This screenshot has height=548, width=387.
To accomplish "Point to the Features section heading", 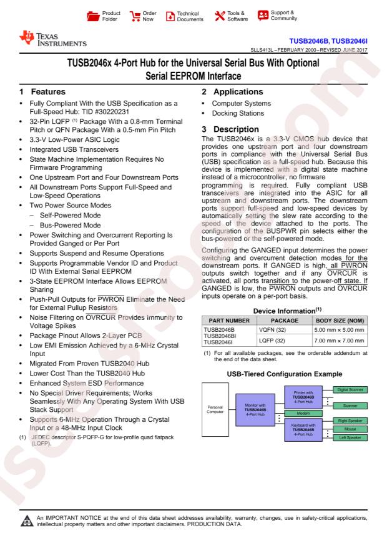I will point(43,91).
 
